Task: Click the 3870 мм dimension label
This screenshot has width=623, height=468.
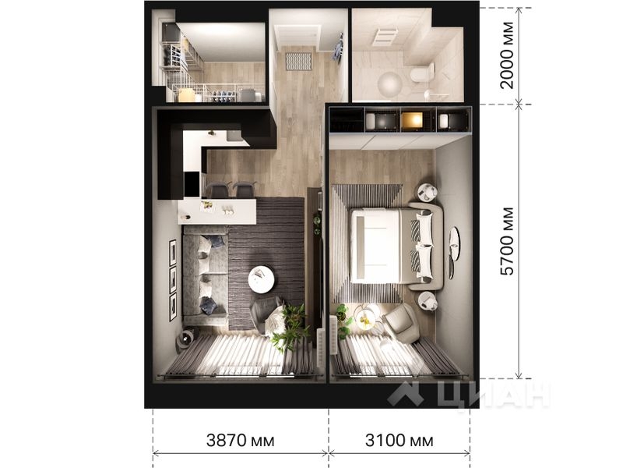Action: point(241,441)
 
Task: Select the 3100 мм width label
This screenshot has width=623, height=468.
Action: point(399,441)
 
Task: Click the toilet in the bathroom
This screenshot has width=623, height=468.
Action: point(421,74)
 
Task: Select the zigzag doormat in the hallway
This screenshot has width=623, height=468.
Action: point(298,60)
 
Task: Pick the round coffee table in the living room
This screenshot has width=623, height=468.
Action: point(261,276)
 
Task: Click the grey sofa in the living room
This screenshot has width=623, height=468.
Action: point(204,273)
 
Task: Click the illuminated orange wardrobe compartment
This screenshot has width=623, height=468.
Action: point(411,120)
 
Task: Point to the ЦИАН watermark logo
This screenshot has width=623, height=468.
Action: point(468,394)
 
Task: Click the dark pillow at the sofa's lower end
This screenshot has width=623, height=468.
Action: point(209,306)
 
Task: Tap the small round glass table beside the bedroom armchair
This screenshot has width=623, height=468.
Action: point(365,317)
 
